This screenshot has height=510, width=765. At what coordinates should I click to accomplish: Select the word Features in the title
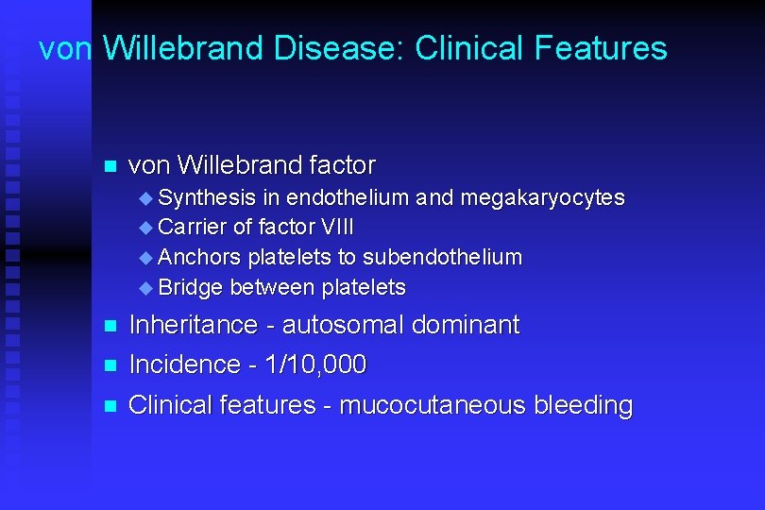point(605,48)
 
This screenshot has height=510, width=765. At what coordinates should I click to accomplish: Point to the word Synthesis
point(207,197)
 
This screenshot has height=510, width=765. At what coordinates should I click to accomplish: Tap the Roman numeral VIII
point(337,228)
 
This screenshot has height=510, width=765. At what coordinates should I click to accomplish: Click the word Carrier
point(193,228)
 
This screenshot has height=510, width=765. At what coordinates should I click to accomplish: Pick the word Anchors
point(197,258)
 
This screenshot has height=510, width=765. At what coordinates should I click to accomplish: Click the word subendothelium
point(442,258)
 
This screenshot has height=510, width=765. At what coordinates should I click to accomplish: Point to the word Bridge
point(191,287)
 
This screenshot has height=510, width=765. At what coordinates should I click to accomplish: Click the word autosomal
point(343,326)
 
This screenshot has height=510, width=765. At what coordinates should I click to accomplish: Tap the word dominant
point(466,326)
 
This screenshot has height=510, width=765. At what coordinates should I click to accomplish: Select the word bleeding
point(583,406)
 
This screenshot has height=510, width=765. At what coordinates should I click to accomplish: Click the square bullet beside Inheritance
point(109,327)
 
